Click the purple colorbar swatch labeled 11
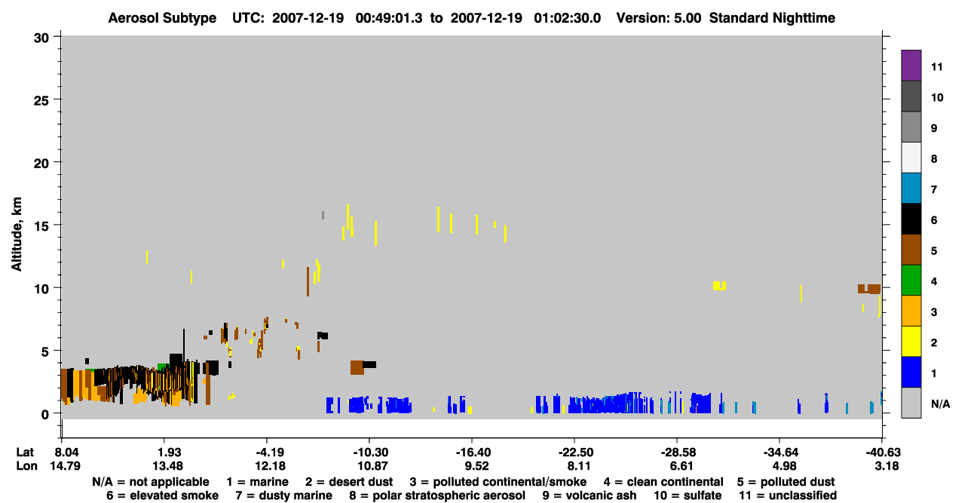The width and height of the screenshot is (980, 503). point(911,65)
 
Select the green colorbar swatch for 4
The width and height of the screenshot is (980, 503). point(911,281)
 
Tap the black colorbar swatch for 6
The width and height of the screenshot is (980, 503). point(911,219)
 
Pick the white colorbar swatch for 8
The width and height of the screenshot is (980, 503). point(911,158)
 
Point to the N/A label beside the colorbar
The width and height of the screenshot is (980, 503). point(940,403)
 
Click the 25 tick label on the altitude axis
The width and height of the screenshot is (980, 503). point(41,100)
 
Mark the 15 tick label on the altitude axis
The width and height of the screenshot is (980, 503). point(41,226)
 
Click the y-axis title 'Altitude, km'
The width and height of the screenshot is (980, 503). point(17,234)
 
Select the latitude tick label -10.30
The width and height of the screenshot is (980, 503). point(372,452)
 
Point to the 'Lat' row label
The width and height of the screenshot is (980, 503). point(25,452)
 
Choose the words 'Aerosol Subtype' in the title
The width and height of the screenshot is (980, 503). point(162,18)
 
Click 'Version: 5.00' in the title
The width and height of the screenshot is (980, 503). point(658,18)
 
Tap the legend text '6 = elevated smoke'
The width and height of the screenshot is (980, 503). point(162,495)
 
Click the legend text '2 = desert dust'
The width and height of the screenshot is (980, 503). point(349,482)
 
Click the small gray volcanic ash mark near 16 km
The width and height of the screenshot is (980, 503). point(323,215)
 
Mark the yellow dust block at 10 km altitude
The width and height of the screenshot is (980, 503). point(719,285)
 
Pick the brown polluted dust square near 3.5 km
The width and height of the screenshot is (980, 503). point(357,368)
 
